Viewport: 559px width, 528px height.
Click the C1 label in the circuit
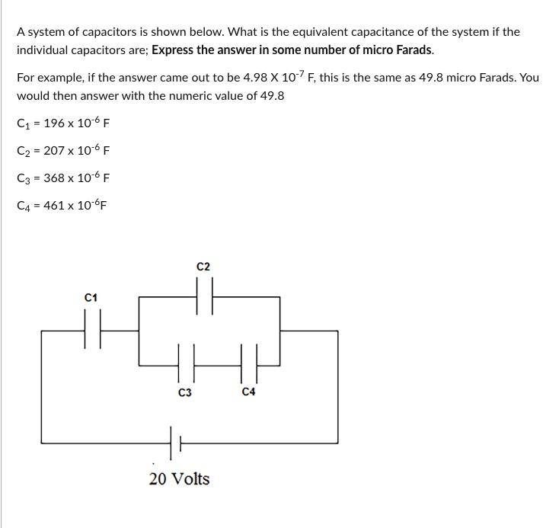(x=91, y=297)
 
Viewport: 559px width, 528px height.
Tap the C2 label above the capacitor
(x=203, y=267)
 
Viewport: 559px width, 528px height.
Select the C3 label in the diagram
(x=184, y=392)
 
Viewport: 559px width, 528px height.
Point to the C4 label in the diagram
(x=248, y=392)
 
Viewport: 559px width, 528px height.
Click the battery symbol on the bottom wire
(x=174, y=442)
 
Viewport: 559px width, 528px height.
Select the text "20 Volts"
(x=179, y=479)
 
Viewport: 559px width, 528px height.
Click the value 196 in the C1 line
(x=55, y=123)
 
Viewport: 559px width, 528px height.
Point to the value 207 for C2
(x=56, y=151)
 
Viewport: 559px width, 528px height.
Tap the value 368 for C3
(x=56, y=178)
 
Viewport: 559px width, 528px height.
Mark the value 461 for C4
(x=56, y=206)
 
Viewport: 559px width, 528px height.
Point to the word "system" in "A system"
(x=46, y=32)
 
